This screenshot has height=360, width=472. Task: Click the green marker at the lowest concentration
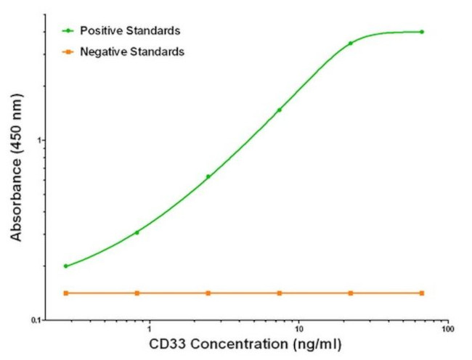66,266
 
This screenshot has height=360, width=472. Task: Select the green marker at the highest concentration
422,32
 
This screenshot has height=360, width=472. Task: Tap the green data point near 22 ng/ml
351,44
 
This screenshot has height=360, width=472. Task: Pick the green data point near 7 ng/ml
280,110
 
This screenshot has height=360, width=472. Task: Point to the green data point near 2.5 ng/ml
208,176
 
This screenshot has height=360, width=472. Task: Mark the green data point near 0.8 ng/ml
137,232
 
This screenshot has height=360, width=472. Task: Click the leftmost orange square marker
66,293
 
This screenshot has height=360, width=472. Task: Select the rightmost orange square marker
422,293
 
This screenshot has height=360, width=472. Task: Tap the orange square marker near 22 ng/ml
351,293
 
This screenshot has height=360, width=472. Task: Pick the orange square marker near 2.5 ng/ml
208,293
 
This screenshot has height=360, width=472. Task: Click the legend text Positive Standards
130,30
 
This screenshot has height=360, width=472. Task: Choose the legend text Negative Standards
131,52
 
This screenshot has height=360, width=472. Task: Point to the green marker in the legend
69,30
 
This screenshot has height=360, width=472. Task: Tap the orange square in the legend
69,52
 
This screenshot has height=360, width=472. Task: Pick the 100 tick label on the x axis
448,329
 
